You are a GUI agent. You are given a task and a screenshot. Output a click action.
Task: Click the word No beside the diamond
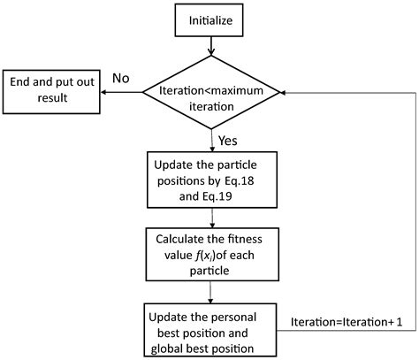tap(120, 79)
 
